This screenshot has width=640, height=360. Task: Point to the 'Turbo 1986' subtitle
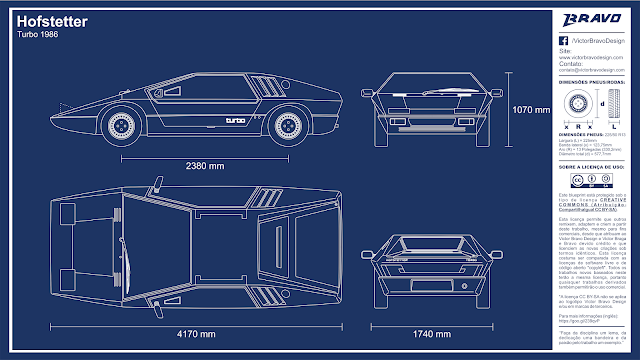(38, 35)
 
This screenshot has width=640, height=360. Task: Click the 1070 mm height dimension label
(531, 109)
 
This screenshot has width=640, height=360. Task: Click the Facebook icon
(563, 37)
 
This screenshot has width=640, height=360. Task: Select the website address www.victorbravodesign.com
(590, 58)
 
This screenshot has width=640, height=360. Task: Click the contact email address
(591, 71)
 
